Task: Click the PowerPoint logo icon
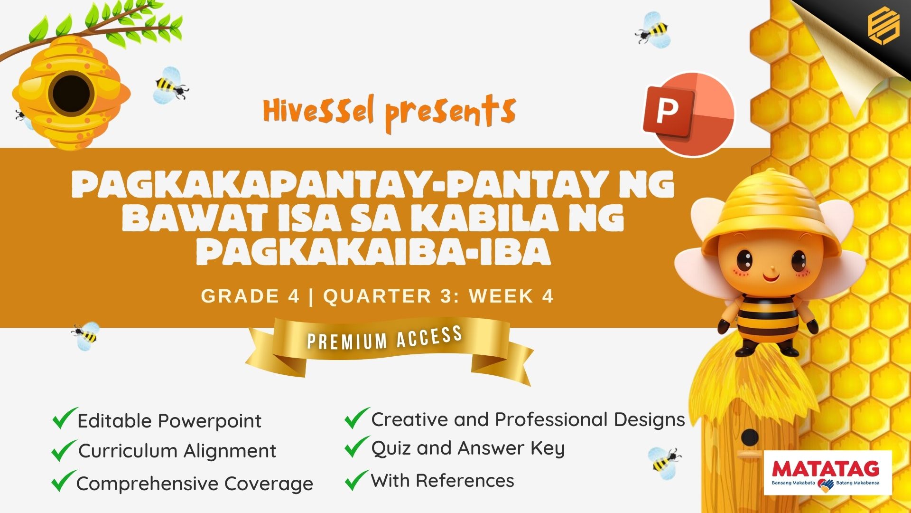point(688,114)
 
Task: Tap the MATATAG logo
point(827,473)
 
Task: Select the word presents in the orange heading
point(450,114)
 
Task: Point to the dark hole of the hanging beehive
point(71,94)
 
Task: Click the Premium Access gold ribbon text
point(385,338)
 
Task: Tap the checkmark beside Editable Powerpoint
point(65,418)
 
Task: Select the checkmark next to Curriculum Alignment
point(64,450)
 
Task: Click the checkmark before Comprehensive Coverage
point(64,481)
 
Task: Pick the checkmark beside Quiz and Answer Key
point(357,447)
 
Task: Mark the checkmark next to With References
point(357,480)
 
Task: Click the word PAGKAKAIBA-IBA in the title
point(374,250)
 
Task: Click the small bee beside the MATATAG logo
point(664,459)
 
